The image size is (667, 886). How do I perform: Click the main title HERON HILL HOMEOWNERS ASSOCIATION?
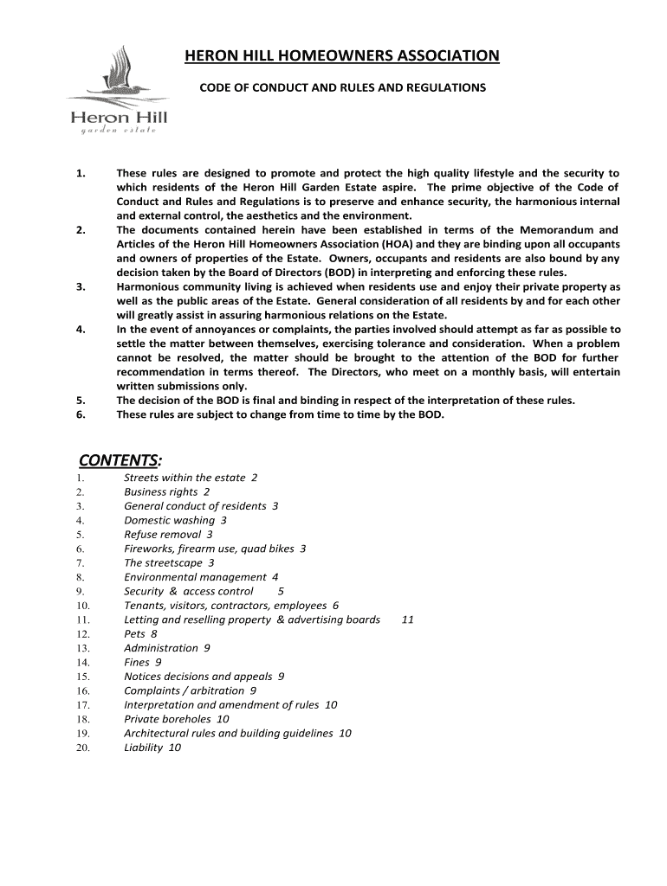point(342,57)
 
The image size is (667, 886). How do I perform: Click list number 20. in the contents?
point(83,748)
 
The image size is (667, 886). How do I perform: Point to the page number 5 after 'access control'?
point(281,591)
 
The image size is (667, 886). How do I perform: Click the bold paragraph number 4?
point(80,330)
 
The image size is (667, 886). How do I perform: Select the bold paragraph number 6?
point(80,414)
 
